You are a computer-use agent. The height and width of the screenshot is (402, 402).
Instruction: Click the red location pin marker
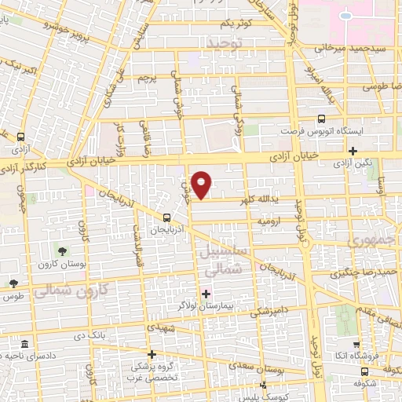click(x=203, y=184)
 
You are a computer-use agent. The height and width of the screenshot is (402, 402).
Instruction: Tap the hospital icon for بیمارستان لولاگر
click(x=206, y=294)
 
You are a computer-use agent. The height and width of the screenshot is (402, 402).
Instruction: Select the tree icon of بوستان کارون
click(x=61, y=250)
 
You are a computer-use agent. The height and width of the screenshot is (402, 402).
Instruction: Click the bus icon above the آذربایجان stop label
click(x=166, y=218)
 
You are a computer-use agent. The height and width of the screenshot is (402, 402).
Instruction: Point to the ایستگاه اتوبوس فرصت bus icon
click(x=320, y=119)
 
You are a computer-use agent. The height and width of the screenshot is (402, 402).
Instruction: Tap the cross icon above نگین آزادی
click(x=353, y=151)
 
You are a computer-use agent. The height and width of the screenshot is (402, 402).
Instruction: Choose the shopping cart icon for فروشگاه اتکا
click(x=356, y=344)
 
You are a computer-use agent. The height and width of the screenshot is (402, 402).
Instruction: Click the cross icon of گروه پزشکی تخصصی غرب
click(x=152, y=354)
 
